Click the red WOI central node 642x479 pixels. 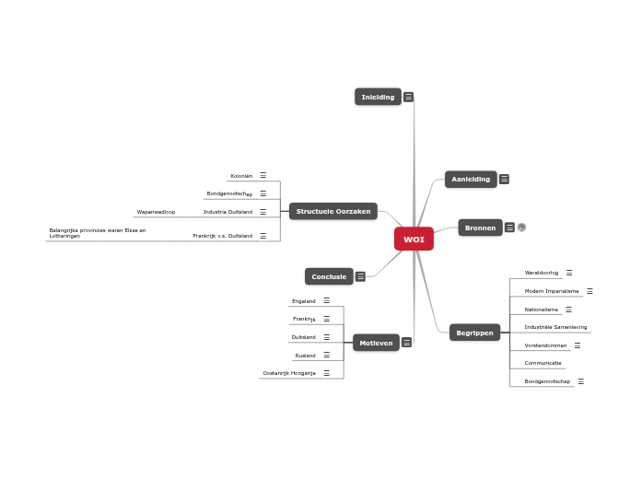pyautogui.click(x=414, y=239)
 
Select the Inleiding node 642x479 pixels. pyautogui.click(x=378, y=97)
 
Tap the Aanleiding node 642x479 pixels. pyautogui.click(x=471, y=180)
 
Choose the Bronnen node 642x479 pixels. pyautogui.click(x=480, y=228)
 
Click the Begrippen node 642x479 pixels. pyautogui.click(x=474, y=333)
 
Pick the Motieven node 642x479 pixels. pyautogui.click(x=376, y=343)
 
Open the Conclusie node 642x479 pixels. pyautogui.click(x=329, y=276)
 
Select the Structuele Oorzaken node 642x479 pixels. pyautogui.click(x=333, y=212)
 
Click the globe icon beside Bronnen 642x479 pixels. pyautogui.click(x=521, y=228)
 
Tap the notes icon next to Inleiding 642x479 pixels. pyautogui.click(x=408, y=97)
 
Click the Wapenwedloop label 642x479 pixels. pyautogui.click(x=156, y=212)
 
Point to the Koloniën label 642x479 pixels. pyautogui.click(x=240, y=176)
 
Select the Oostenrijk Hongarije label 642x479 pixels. pyautogui.click(x=289, y=373)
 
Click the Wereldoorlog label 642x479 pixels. pyautogui.click(x=542, y=273)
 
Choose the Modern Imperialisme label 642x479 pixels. pyautogui.click(x=552, y=291)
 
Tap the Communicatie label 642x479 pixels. pyautogui.click(x=543, y=363)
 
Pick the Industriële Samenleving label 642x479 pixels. pyautogui.click(x=555, y=327)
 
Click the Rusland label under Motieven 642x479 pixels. pyautogui.click(x=305, y=356)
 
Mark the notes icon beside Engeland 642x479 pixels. pyautogui.click(x=326, y=300)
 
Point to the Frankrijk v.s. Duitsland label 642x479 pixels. pyautogui.click(x=222, y=236)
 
